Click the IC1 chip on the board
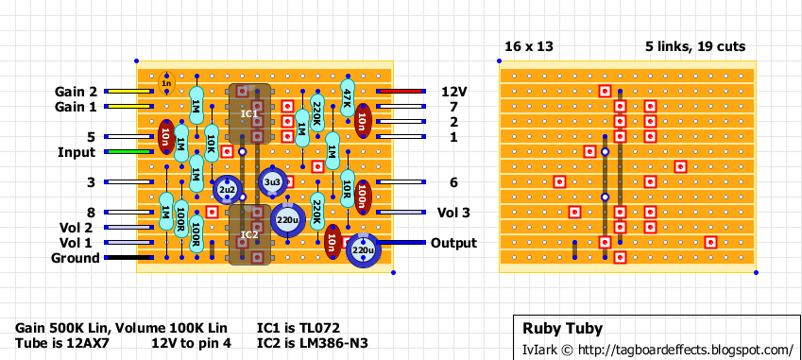coord(249,114)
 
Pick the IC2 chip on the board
coord(249,234)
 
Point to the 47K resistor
coord(347,98)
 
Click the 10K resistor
coord(212,144)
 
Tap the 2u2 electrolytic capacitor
coord(227,190)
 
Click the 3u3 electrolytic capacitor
coord(272,181)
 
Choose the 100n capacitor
coord(363,197)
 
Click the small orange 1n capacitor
coord(166,84)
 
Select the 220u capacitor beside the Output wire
coord(363,250)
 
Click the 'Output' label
coord(453,243)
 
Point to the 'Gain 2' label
coord(76,92)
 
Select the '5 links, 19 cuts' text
coord(695,46)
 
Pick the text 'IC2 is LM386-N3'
coord(312,343)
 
